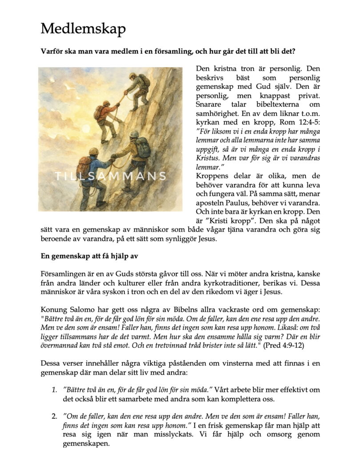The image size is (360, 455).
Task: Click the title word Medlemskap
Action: (x=83, y=29)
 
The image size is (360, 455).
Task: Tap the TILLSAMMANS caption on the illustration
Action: (x=111, y=176)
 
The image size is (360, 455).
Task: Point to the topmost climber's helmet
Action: (x=132, y=76)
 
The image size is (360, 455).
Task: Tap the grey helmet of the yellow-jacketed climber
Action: (x=134, y=134)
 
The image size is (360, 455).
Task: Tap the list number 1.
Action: (x=54, y=390)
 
